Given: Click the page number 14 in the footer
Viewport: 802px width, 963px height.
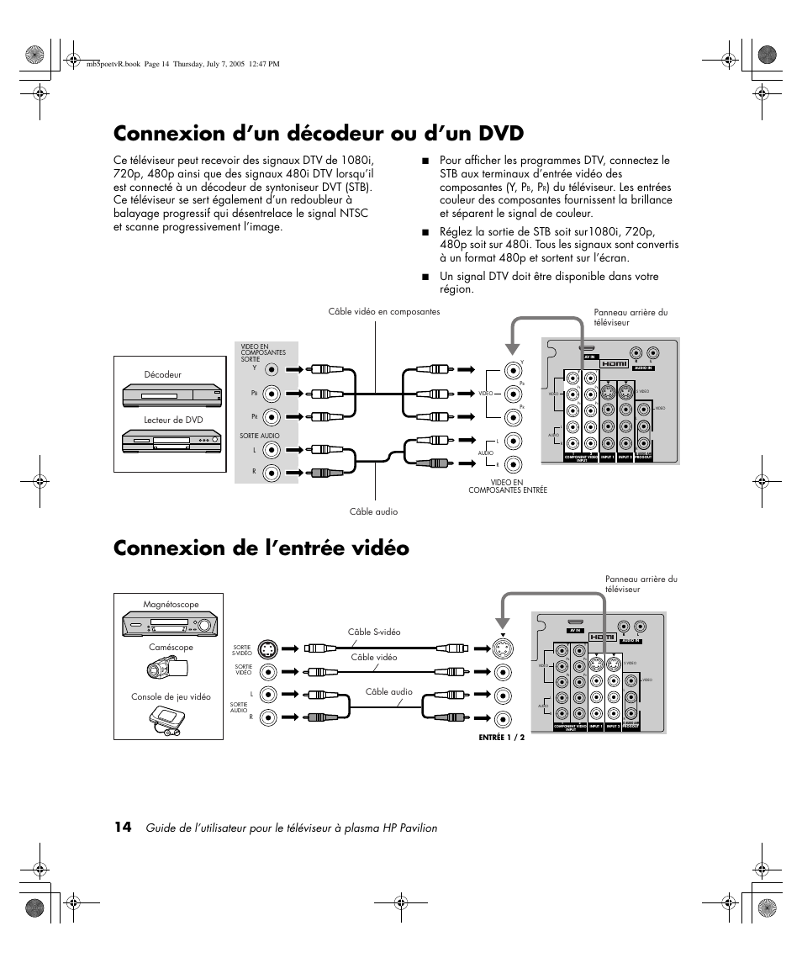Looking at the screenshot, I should (123, 828).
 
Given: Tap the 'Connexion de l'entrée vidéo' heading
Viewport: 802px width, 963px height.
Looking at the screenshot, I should (261, 548).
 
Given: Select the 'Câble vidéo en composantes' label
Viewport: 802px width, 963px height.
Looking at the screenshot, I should (384, 312).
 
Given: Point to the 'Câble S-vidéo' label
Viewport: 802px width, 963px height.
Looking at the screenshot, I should (374, 632).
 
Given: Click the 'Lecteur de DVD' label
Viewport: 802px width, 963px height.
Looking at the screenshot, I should (173, 420).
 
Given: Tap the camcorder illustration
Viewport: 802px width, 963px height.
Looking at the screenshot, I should (169, 667).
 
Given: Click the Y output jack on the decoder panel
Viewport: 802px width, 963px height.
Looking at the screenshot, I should (271, 369).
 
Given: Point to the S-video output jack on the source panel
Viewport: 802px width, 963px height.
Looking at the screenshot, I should (268, 649).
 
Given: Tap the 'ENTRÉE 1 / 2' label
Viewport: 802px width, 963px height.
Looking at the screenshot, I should (501, 738).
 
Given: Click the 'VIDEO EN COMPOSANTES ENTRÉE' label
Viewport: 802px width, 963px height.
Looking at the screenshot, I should (508, 486).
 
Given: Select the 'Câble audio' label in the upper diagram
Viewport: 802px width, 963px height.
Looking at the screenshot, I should (373, 511).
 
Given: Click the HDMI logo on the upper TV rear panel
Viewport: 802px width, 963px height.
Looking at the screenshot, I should (614, 363).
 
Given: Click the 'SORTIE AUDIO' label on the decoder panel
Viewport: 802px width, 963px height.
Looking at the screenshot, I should (259, 436).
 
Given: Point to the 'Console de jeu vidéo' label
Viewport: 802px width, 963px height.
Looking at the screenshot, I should (171, 696).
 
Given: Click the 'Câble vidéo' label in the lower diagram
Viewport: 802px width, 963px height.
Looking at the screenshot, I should (374, 657).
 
